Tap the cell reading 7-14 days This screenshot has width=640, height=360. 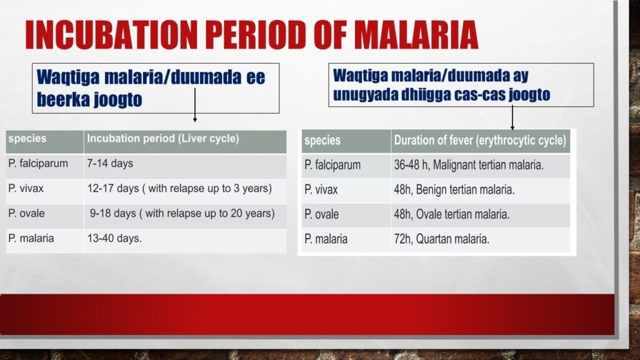click(x=110, y=164)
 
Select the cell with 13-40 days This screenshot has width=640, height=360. click(x=114, y=237)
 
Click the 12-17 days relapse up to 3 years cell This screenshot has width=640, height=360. click(x=179, y=188)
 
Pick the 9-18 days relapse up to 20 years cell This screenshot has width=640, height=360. click(x=182, y=213)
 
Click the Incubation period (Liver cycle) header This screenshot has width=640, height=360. click(x=163, y=139)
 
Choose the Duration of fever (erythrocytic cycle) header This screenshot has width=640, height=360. click(x=479, y=141)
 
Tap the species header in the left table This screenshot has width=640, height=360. click(x=27, y=139)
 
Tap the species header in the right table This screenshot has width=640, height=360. click(x=322, y=141)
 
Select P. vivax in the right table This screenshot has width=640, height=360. click(x=321, y=189)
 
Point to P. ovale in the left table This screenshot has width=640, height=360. click(x=27, y=213)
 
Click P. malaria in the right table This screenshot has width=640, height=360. click(x=326, y=239)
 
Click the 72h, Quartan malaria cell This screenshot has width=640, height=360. click(x=441, y=239)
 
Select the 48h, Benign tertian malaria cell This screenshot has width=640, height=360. click(x=454, y=189)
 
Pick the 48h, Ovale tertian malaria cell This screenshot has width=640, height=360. click(x=451, y=214)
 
